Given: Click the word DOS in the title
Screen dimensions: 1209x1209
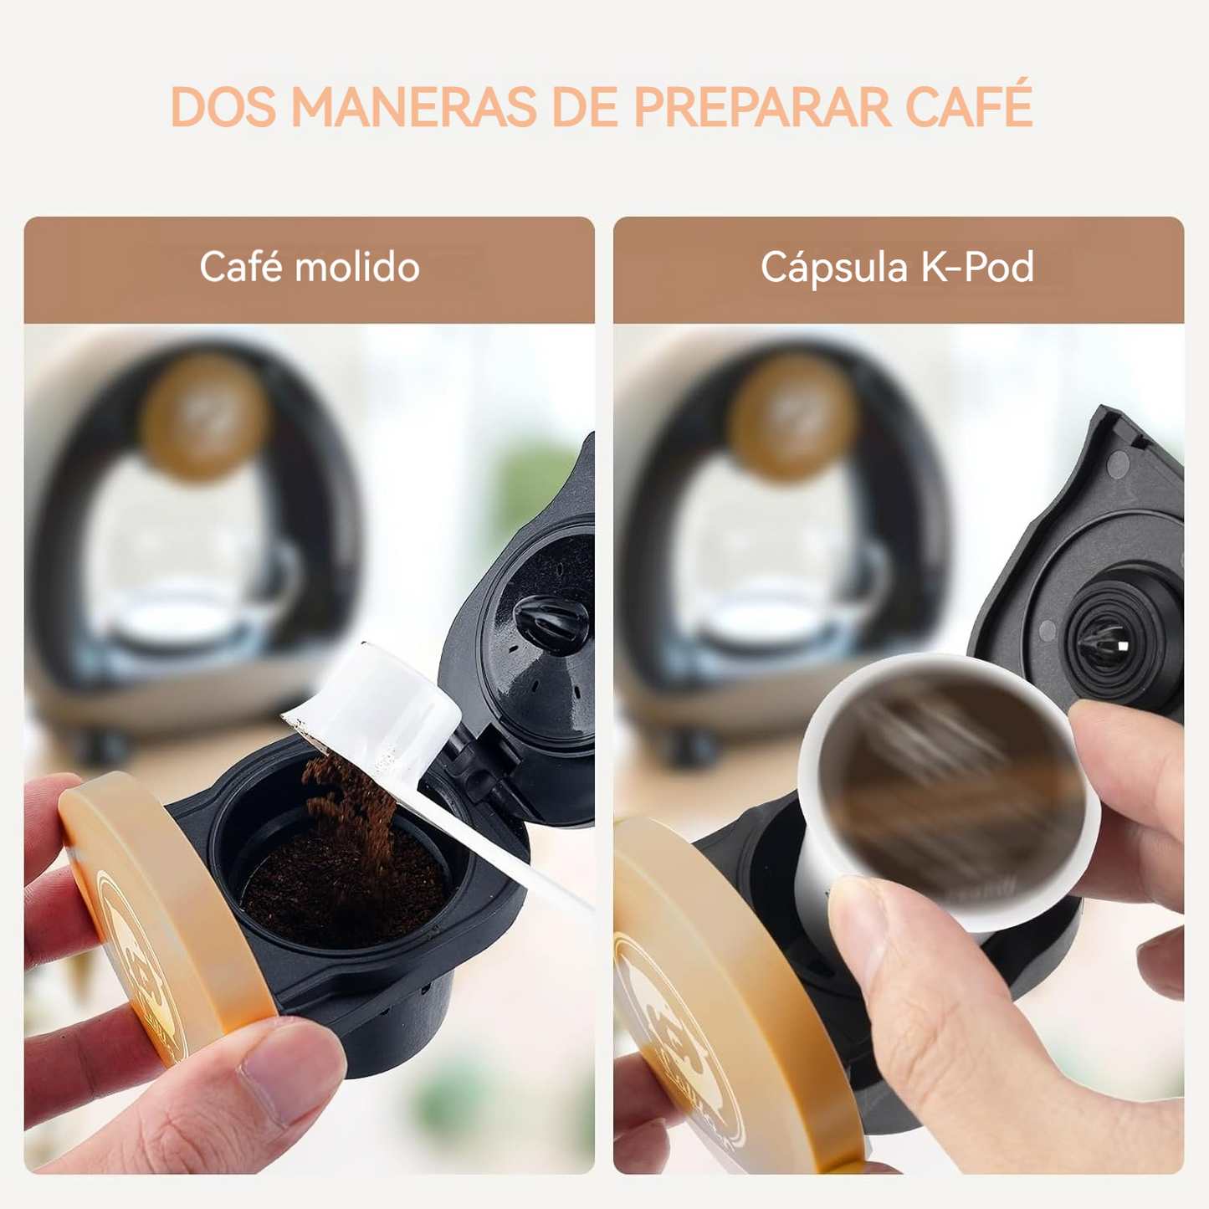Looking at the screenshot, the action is pos(223,105).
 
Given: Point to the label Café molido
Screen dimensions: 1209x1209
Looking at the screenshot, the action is pos(310,267).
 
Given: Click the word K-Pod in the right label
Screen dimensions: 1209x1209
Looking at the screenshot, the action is pos(977,267).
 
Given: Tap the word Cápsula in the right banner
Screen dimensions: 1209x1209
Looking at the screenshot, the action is pos(834,269).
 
